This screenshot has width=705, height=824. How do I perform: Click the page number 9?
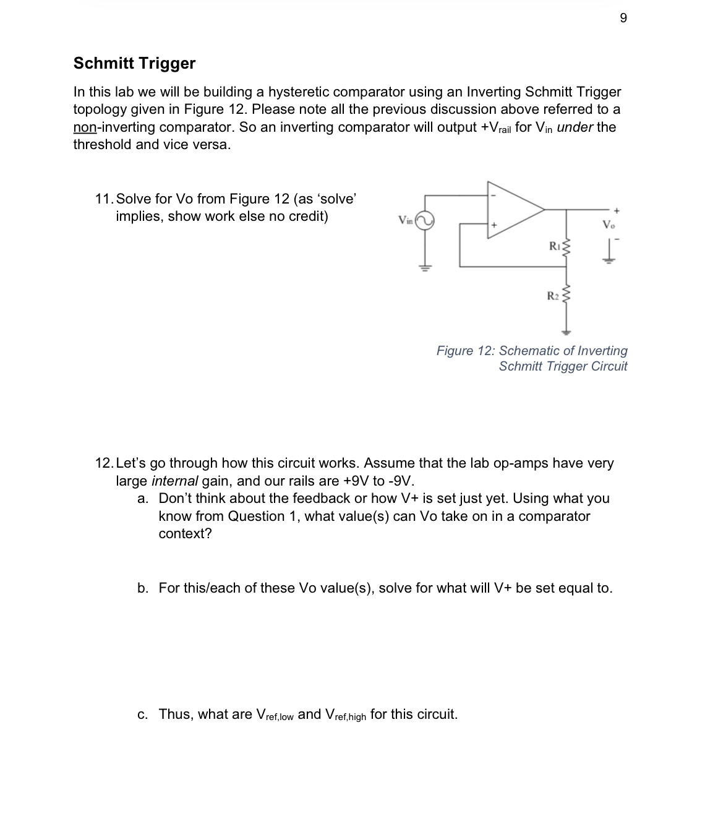[x=623, y=18]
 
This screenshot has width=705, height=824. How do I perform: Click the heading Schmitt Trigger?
[x=134, y=63]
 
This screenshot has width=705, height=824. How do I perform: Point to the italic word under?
[x=575, y=127]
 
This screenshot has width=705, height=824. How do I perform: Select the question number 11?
[x=103, y=199]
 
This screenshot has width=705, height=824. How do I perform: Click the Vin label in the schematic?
[x=406, y=219]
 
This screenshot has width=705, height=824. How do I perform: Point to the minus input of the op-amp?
[x=493, y=195]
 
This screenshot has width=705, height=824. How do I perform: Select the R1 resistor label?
[x=555, y=247]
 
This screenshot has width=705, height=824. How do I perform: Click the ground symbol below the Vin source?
[x=424, y=267]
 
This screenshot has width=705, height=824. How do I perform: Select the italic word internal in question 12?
[x=174, y=481]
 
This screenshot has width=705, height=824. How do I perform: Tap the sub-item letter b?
[x=143, y=588]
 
